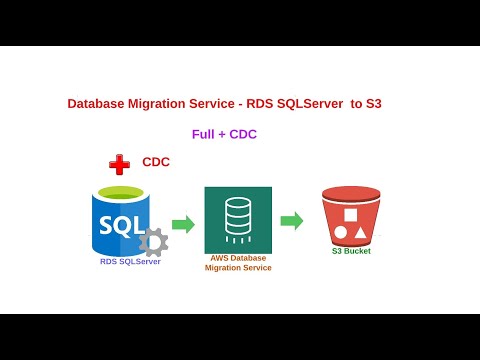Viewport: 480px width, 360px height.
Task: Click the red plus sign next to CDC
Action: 119,164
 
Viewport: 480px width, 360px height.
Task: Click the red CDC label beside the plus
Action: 156,162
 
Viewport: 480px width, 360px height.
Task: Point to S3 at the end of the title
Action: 373,103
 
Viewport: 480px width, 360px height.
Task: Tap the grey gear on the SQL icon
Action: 153,242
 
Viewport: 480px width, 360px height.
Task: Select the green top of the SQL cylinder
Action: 121,192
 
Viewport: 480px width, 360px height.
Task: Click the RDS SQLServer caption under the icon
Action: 130,262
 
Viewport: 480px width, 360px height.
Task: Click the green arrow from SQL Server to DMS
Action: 183,224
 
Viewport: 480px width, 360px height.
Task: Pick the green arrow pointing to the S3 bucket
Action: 291,221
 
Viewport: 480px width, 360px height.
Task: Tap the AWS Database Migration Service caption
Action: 238,263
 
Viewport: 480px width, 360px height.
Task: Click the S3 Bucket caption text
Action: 351,251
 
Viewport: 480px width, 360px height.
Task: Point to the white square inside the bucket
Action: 350,215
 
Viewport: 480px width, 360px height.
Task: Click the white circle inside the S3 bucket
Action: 341,232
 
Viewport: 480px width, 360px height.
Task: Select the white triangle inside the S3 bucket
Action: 360,232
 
